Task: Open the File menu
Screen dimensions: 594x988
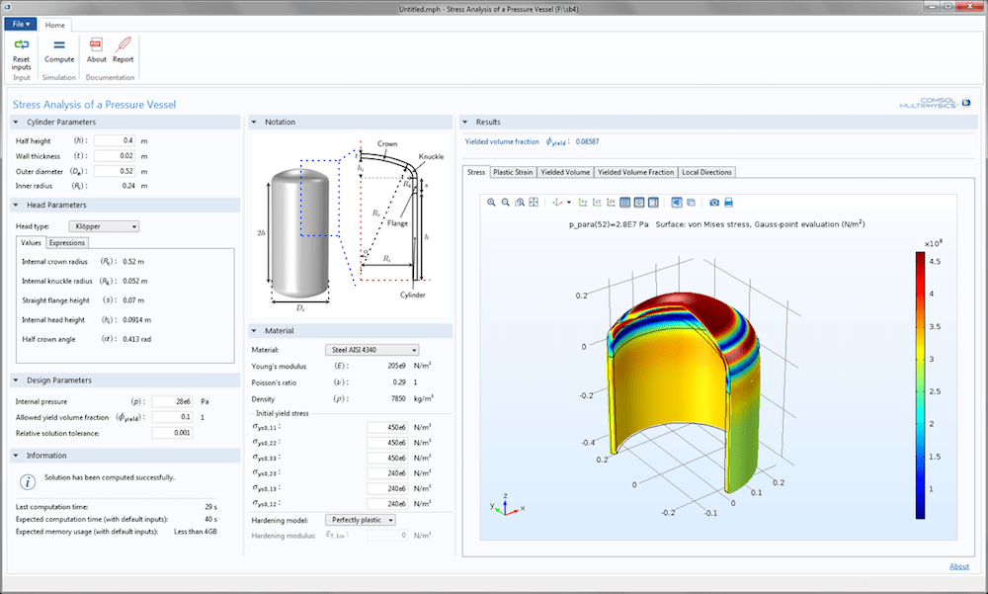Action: [21, 24]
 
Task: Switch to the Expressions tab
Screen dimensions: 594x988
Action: [67, 242]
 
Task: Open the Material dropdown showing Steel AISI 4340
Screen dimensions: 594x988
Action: [371, 349]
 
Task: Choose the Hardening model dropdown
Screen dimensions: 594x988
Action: [361, 519]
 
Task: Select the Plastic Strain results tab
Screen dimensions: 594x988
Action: [513, 172]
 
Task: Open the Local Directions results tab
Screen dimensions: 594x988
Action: [706, 172]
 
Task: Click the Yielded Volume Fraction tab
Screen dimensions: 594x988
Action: [636, 172]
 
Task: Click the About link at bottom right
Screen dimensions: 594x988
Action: [958, 566]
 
